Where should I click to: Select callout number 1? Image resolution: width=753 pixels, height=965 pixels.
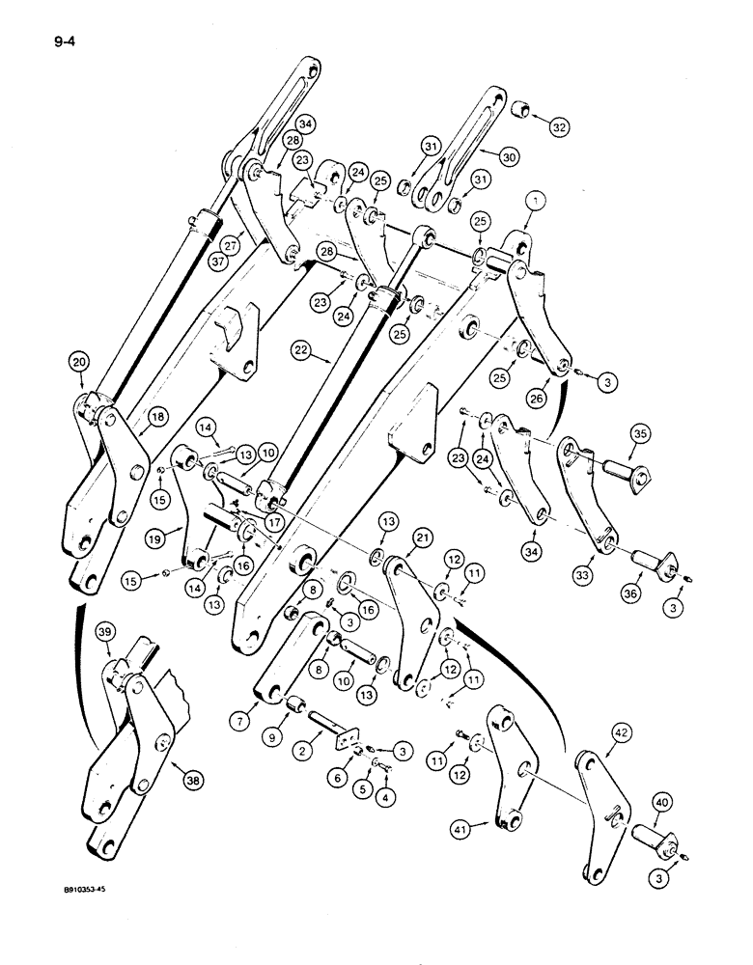click(x=537, y=203)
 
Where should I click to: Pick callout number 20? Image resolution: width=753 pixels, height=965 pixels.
click(x=78, y=363)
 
